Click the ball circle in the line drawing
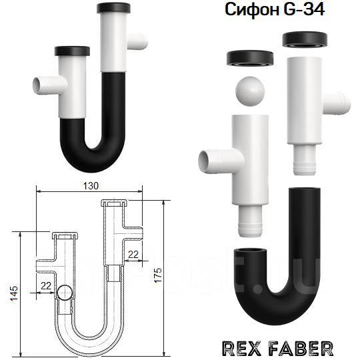(65, 293)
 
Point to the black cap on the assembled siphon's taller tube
(118, 9)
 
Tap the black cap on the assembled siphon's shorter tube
(71, 51)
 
